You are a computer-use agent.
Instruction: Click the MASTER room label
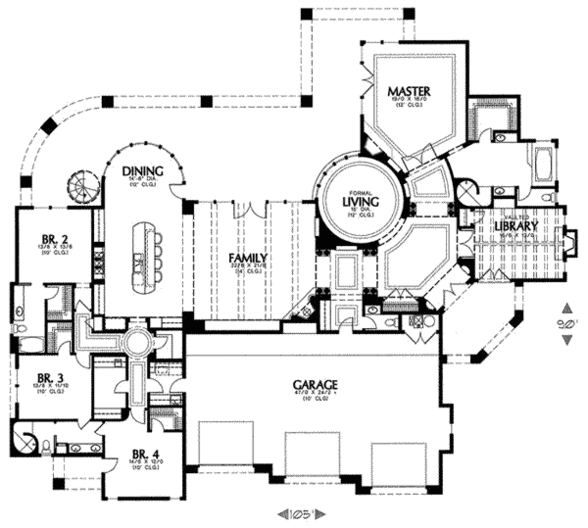(x=409, y=91)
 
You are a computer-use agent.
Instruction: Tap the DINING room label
(x=143, y=171)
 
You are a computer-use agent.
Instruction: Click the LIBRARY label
(x=516, y=225)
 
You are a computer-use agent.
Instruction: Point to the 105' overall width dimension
(x=297, y=513)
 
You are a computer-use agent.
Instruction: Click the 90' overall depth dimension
(x=567, y=324)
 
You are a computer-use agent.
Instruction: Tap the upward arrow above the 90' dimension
(x=567, y=307)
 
